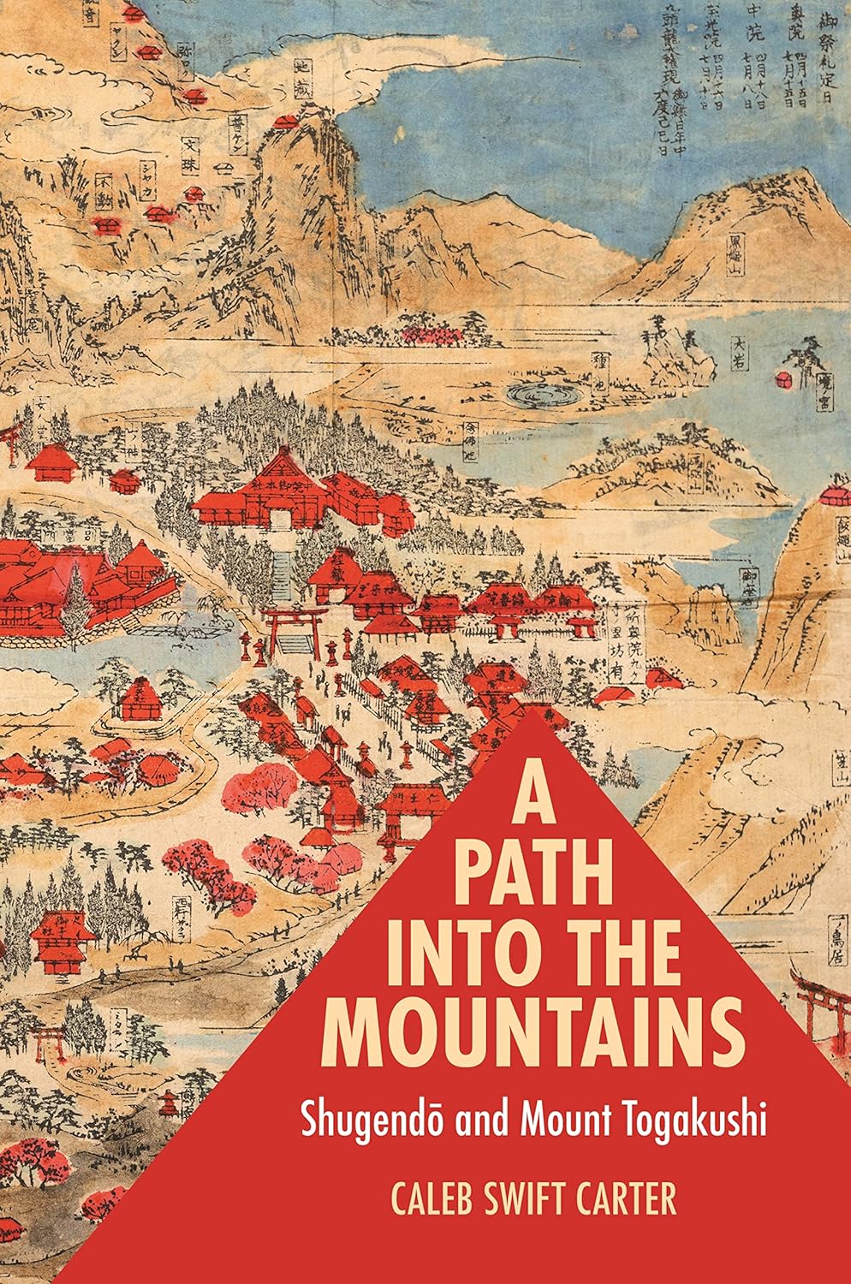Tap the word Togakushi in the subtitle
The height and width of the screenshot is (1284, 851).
681,1118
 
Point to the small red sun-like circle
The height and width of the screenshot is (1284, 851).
782,379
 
